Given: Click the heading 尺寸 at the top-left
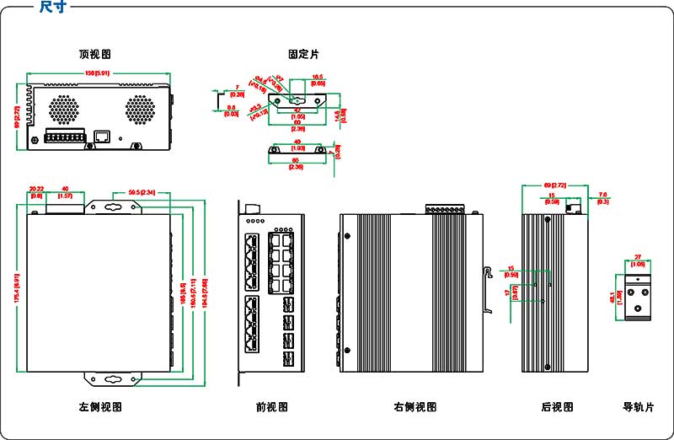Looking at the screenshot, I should point(54,7).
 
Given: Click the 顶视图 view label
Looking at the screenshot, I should point(94,54).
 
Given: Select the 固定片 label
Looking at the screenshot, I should point(303,54).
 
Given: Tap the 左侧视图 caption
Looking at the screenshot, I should point(100,407).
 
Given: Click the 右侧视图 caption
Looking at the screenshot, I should point(415,407).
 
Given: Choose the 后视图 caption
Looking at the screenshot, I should point(557,407).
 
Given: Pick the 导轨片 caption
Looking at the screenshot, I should point(638,407).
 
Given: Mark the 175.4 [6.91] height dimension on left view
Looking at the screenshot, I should point(18,287).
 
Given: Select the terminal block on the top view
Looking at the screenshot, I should point(65,137).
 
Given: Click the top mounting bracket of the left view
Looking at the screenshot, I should point(113,207).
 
